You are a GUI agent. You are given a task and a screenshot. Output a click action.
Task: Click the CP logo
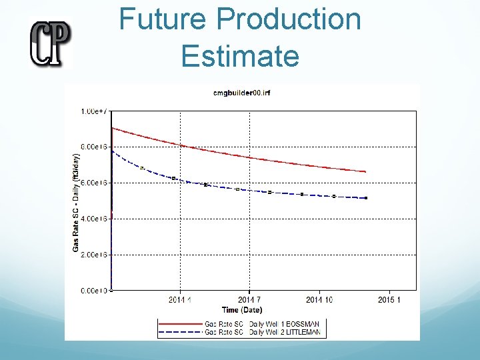49,42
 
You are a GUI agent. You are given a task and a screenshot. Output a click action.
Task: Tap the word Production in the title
289,20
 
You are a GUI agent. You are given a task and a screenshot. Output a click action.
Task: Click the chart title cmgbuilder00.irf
241,93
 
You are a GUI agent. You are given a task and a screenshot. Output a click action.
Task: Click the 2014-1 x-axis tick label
180,300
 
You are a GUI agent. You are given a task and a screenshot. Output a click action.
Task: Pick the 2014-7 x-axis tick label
249,300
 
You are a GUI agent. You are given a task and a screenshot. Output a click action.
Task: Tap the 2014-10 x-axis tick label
320,300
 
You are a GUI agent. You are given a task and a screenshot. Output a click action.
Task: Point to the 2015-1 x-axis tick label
389,300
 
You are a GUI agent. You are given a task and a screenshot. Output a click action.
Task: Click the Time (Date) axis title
242,310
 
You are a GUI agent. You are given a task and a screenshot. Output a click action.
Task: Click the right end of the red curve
366,172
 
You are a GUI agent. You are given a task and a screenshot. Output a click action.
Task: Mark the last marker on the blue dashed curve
366,198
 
